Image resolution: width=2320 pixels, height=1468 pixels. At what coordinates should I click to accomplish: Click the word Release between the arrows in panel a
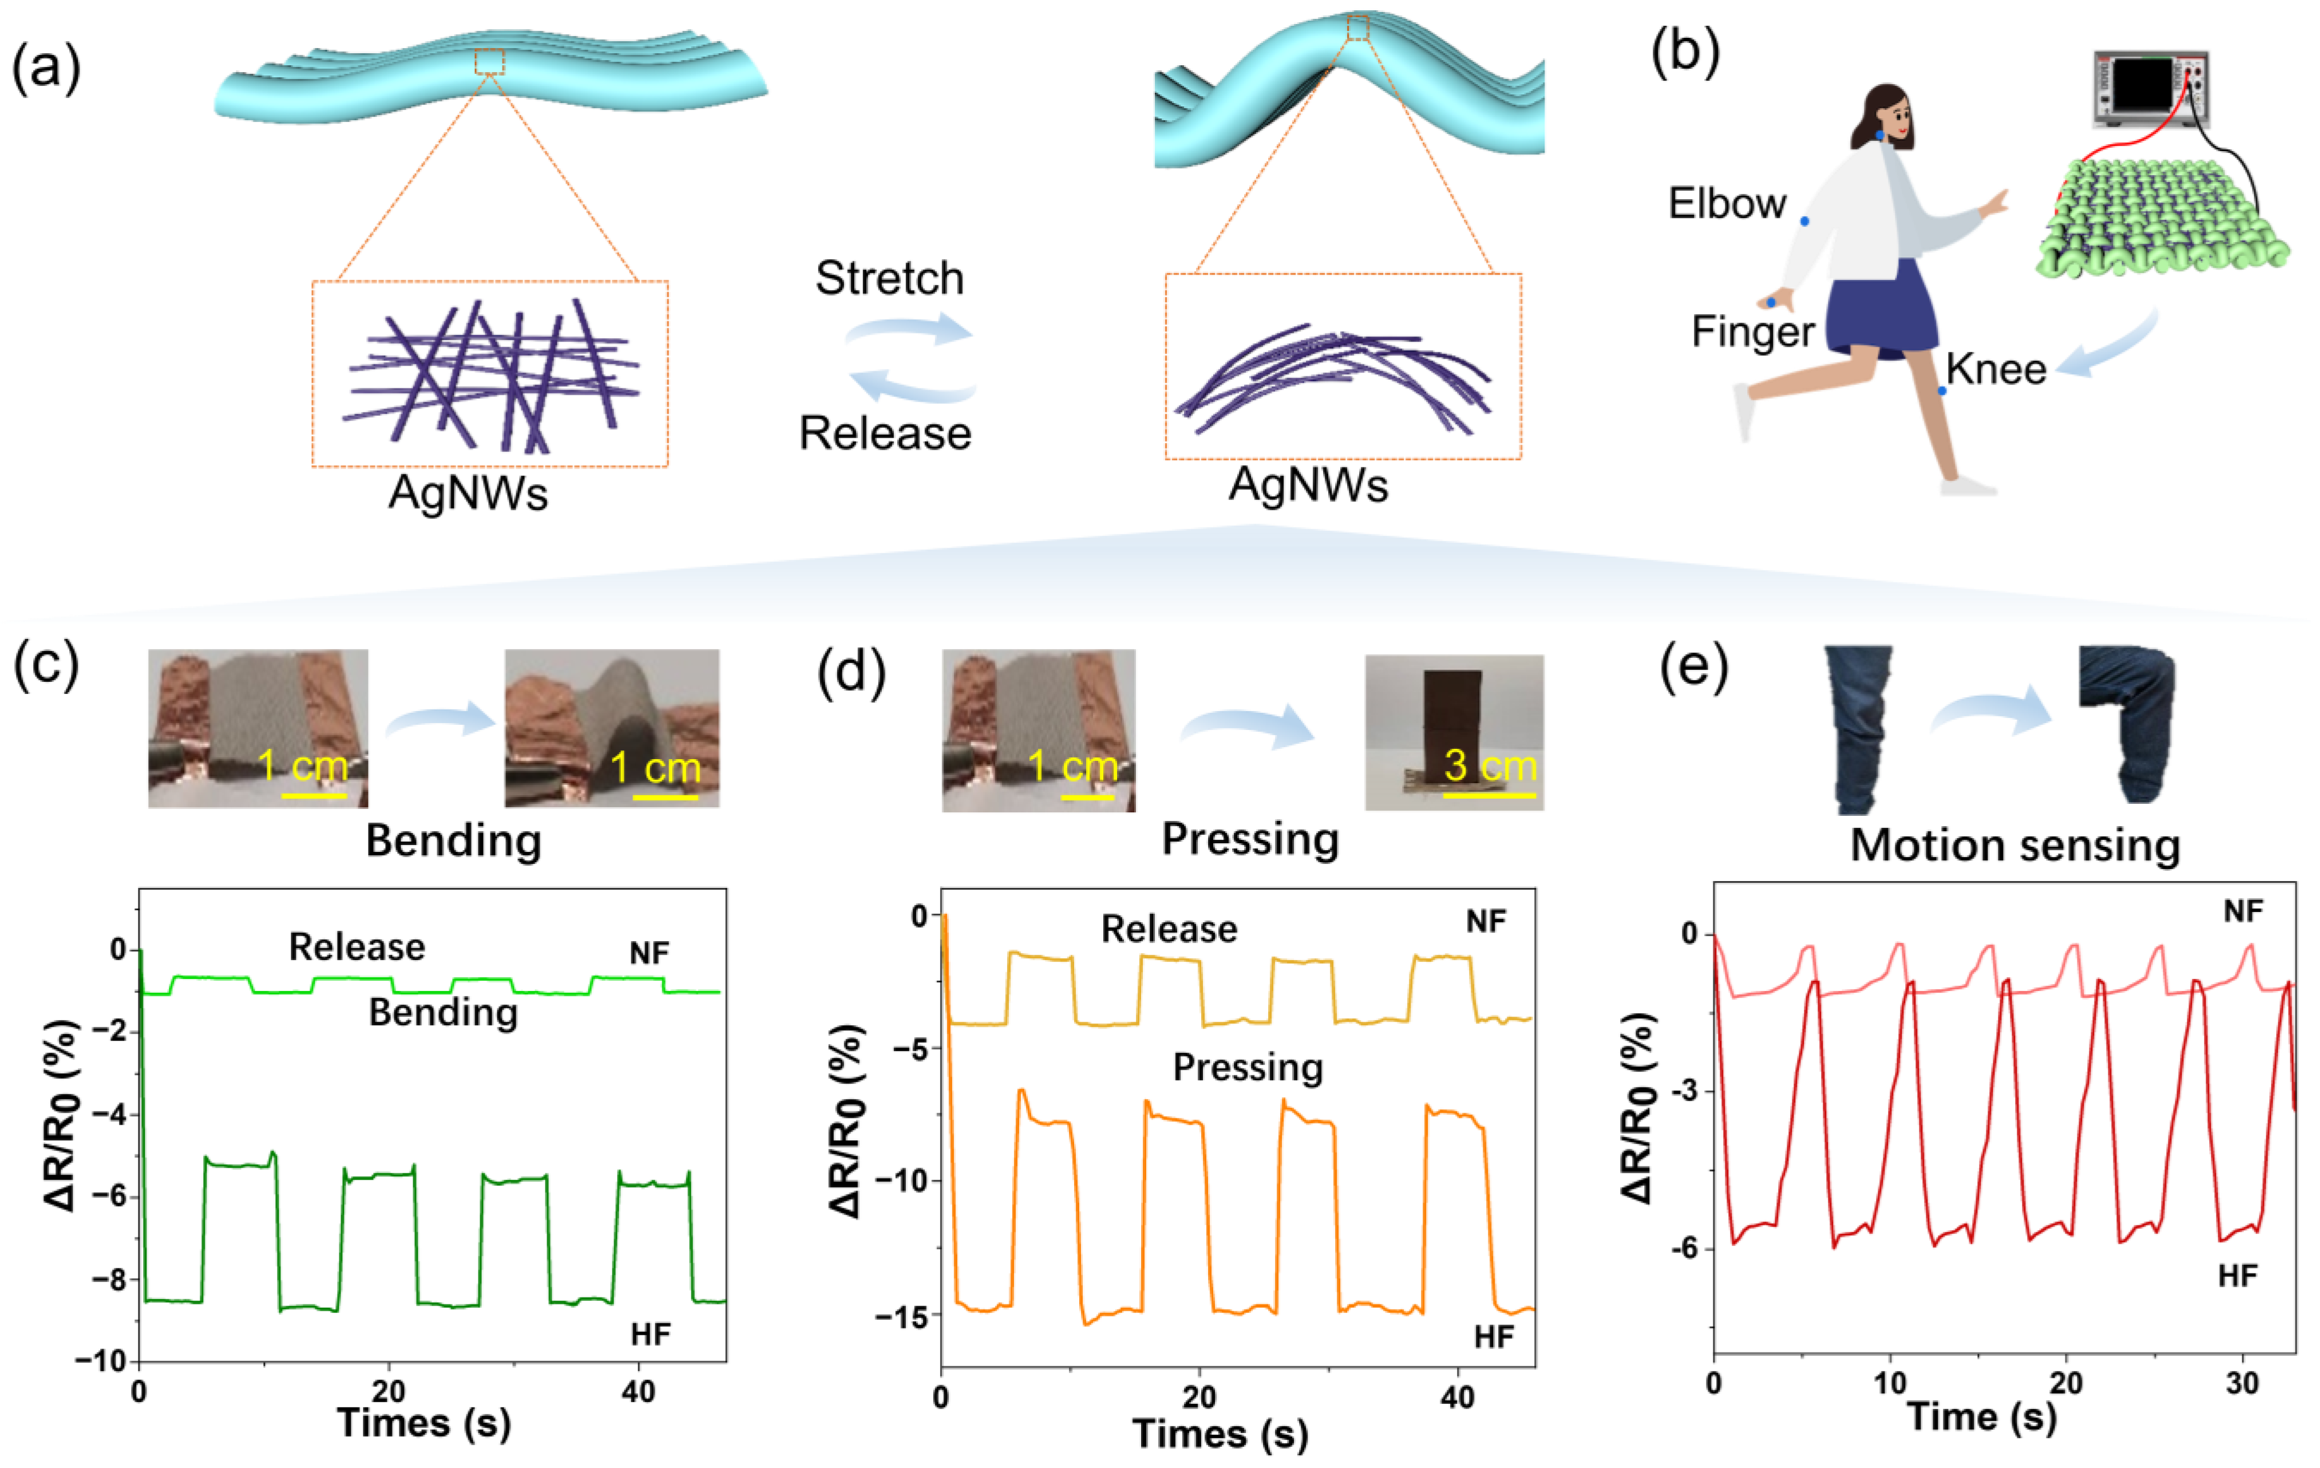click(885, 434)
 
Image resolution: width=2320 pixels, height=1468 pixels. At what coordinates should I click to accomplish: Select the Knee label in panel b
click(1996, 369)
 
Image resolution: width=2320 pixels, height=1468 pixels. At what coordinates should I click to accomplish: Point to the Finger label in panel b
click(1752, 332)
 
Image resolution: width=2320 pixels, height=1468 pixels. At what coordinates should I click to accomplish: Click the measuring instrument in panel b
click(2151, 89)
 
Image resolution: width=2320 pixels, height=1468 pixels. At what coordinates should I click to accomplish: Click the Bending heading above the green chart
click(453, 841)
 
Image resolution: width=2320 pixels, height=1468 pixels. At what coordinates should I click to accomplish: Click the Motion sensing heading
click(2014, 846)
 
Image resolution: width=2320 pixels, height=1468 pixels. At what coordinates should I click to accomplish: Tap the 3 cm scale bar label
click(1490, 766)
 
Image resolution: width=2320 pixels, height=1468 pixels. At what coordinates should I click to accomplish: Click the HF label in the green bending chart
click(650, 1334)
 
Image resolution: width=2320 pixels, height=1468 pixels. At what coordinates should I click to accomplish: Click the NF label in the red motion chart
click(2243, 911)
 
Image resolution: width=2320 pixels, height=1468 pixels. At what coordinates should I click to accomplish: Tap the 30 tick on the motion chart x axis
click(2242, 1383)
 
